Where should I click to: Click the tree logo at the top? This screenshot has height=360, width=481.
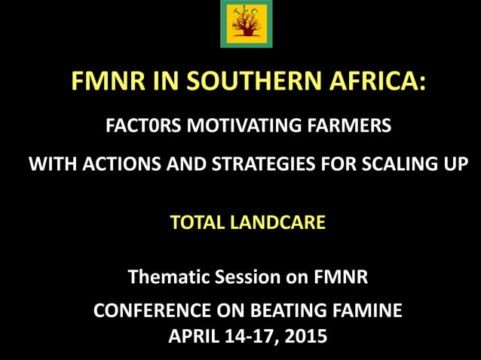coord(246,24)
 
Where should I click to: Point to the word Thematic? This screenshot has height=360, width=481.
coord(165,277)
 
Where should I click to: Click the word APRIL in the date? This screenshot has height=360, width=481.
coord(195,336)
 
